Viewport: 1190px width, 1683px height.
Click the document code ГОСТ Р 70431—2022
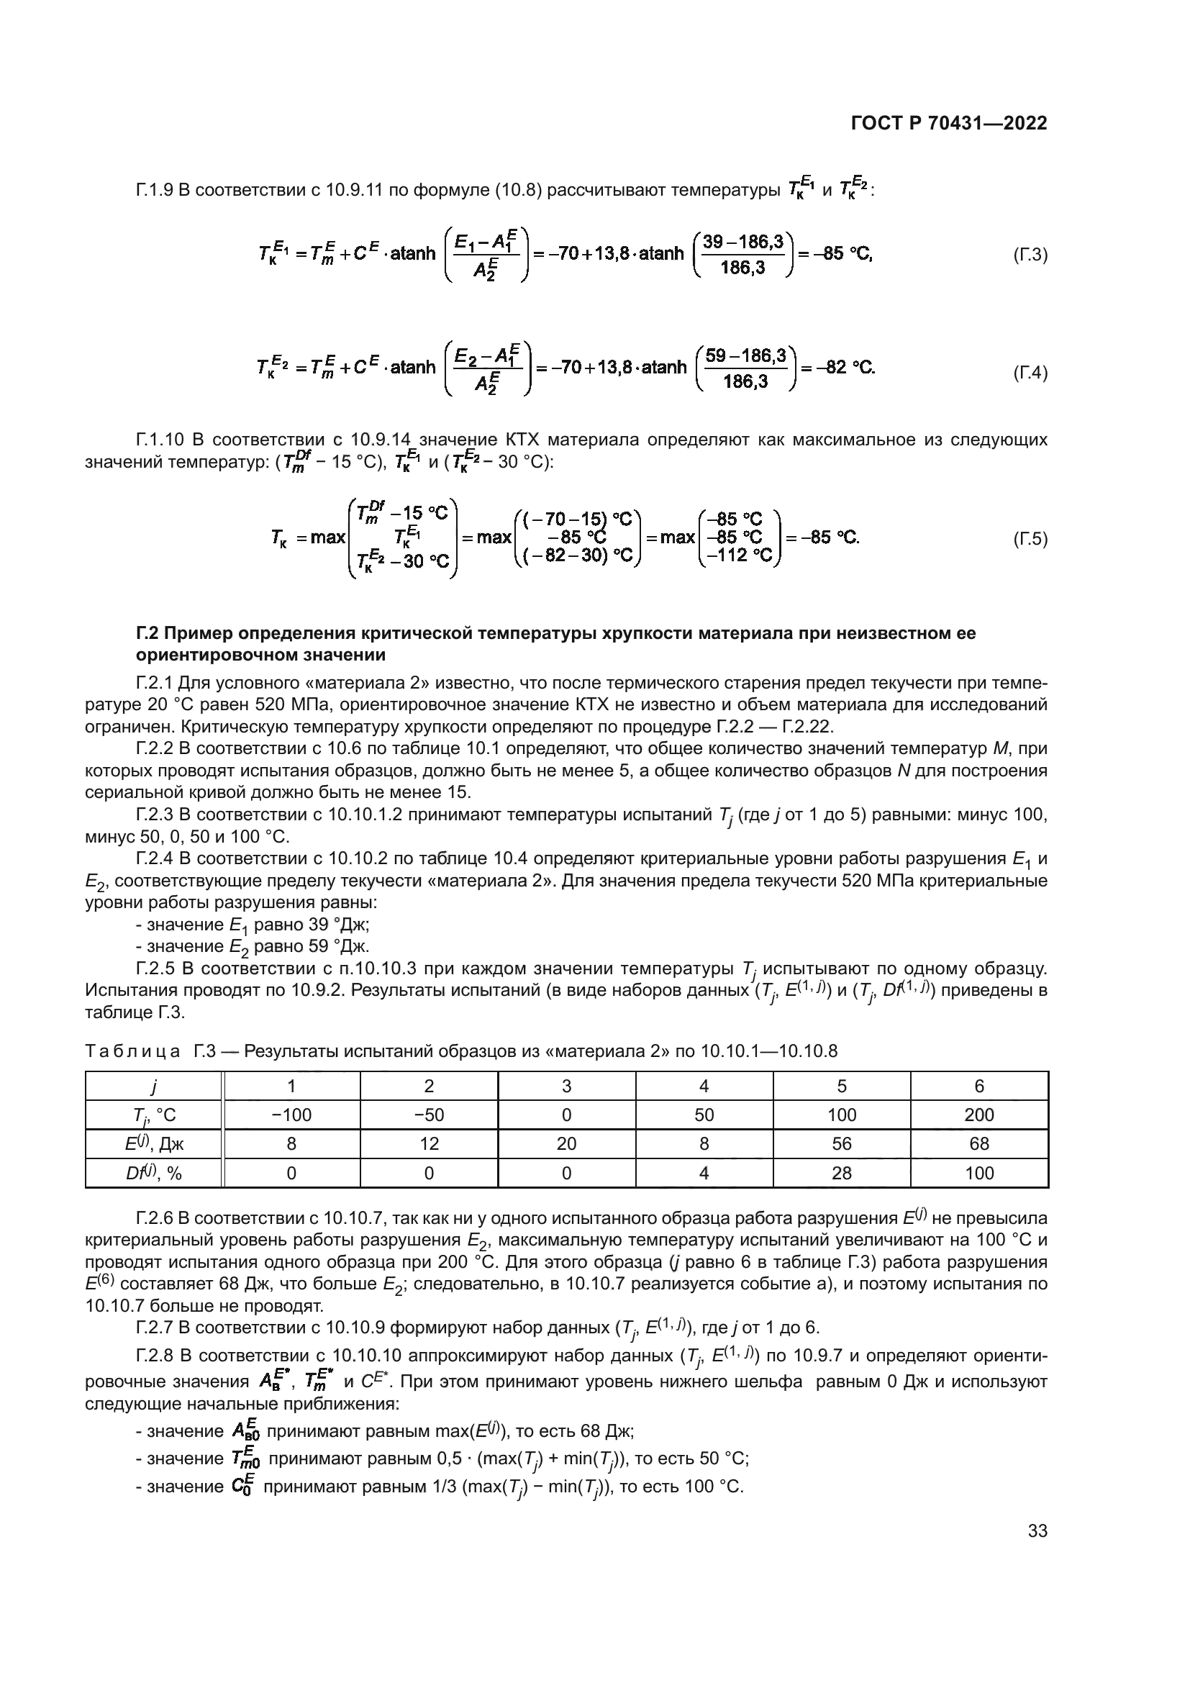pos(948,123)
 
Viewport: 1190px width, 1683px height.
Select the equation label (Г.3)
pos(1030,255)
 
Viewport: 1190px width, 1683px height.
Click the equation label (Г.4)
pos(1030,373)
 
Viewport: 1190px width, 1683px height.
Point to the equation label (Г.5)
pos(1030,540)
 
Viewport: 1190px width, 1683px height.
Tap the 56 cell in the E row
pos(841,1143)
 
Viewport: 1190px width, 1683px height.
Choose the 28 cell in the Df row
pos(841,1173)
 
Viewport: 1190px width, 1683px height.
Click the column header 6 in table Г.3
pos(979,1086)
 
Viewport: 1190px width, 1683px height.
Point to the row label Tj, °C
pos(153,1116)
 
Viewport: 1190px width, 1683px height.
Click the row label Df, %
pos(153,1173)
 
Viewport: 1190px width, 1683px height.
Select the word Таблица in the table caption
pos(132,1051)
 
